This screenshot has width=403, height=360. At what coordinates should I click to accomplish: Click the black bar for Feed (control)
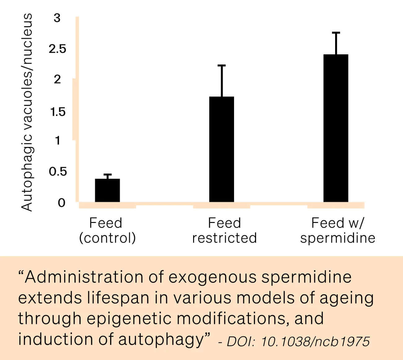coord(107,190)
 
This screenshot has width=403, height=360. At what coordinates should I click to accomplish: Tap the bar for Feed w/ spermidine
coord(336,128)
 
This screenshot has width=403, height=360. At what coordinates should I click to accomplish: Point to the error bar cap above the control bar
coord(107,175)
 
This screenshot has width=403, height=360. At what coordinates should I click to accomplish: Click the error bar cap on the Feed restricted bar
coord(222,65)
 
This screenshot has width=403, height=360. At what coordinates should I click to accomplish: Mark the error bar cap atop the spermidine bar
coord(336,33)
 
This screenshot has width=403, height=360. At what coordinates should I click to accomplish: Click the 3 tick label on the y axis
coord(57,18)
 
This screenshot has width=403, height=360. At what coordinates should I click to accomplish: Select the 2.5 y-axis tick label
coord(58,49)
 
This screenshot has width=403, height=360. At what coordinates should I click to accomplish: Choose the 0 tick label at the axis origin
coord(61,203)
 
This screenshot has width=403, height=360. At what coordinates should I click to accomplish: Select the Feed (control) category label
coord(107,230)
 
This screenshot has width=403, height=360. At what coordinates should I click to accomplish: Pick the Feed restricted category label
coord(224,230)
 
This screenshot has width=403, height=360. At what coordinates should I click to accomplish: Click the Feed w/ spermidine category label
coord(338,230)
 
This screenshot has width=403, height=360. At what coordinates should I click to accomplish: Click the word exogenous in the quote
coord(212,277)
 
